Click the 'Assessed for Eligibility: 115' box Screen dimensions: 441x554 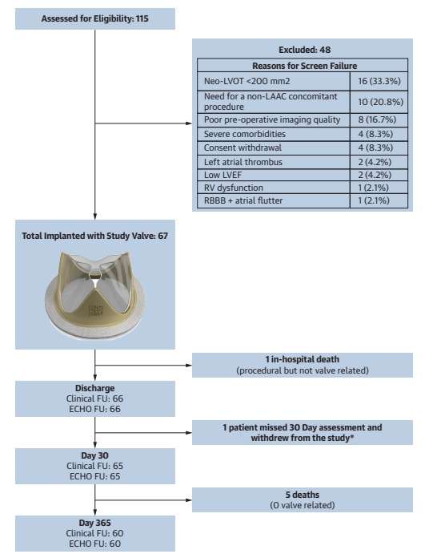point(95,18)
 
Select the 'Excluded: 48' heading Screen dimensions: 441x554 point(304,50)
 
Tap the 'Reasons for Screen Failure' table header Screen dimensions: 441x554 point(304,66)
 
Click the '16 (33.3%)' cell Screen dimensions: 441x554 point(379,81)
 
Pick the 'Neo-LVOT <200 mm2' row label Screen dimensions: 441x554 point(247,81)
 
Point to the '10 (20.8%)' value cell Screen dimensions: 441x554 point(380,102)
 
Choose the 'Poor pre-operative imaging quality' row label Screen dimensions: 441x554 point(272,119)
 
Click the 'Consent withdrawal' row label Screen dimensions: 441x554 point(243,148)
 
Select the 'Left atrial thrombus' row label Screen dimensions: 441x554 point(243,162)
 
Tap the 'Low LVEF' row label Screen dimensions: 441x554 point(223,175)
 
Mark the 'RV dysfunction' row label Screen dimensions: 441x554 point(233,188)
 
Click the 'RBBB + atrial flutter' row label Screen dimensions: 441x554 point(243,200)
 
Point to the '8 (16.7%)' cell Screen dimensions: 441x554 point(377,119)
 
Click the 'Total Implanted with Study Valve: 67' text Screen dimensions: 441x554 point(95,236)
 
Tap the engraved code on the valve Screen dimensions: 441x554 point(95,310)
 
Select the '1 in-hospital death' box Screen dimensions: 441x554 point(303,365)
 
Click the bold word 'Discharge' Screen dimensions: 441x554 point(95,388)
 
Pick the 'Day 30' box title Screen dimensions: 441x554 point(95,455)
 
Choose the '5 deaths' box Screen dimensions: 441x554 point(303,500)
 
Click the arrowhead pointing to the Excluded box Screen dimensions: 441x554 point(189,123)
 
